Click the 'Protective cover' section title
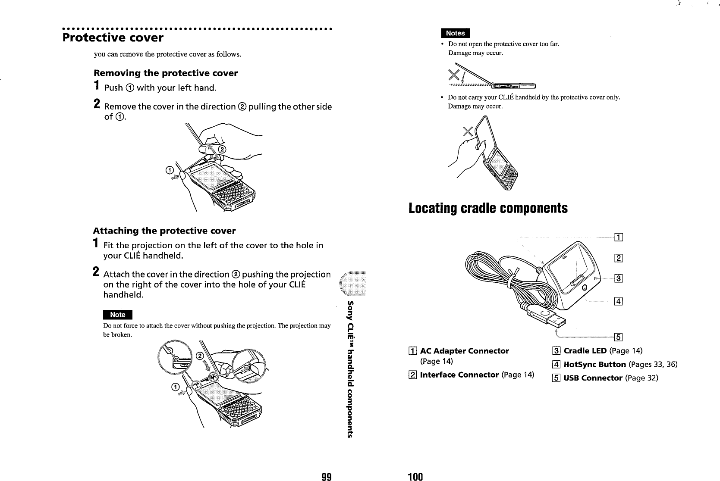113,37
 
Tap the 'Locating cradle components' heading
488,208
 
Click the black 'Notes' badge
455,33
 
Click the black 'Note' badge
117,315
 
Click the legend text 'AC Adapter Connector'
464,351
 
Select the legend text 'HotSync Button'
594,365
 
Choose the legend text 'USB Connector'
593,378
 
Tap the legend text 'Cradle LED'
585,351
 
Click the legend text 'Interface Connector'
459,375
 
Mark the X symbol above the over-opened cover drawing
454,74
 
